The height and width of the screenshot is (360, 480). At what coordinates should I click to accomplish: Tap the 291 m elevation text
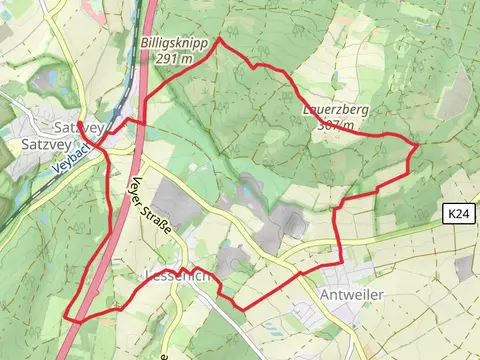pyautogui.click(x=173, y=59)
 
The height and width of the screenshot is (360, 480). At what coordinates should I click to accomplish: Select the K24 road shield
pyautogui.click(x=457, y=213)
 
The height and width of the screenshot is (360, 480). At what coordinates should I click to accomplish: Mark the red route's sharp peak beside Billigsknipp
pyautogui.click(x=219, y=44)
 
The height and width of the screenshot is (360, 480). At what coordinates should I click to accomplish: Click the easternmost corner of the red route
pyautogui.click(x=417, y=145)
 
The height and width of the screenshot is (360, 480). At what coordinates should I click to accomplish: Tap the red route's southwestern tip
pyautogui.click(x=67, y=318)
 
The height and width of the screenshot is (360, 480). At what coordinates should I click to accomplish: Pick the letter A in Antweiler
pyautogui.click(x=325, y=296)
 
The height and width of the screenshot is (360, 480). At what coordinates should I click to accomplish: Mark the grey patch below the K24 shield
pyautogui.click(x=462, y=266)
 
